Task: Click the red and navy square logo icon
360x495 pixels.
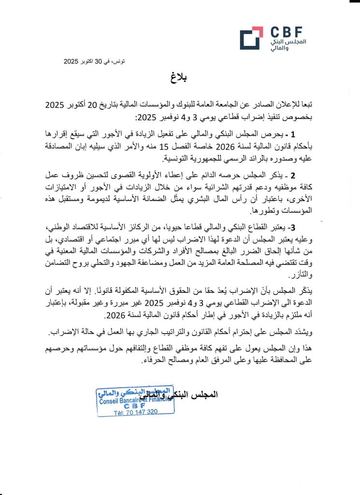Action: click(251, 38)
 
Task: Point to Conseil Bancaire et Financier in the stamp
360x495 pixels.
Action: click(134, 400)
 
